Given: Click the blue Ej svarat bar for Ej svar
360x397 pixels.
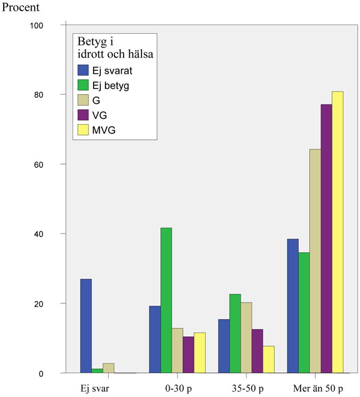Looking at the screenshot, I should coord(86,326).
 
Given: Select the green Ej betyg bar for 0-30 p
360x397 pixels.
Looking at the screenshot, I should coord(166,300).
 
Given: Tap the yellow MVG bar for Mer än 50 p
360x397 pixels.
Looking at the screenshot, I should coord(337,232).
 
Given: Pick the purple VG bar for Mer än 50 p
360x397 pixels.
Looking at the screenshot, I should coord(326,239).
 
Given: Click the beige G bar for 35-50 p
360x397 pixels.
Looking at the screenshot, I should coord(246,338).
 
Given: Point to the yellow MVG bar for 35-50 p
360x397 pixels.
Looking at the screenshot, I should coord(268,359).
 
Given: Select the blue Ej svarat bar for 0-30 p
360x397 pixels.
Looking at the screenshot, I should coord(155,339).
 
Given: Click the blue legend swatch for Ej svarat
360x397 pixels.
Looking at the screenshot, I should coord(83,70).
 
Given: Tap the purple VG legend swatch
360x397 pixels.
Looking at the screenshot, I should coord(83,114).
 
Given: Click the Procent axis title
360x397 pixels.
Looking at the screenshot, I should coord(22,8).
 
